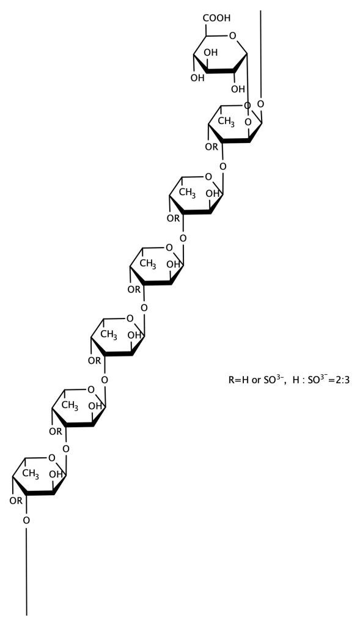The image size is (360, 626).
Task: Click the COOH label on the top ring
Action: (x=218, y=18)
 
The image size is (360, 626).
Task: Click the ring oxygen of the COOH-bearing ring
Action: (x=233, y=37)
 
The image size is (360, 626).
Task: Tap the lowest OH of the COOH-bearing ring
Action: (x=240, y=88)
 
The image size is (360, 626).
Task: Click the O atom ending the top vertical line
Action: (x=260, y=104)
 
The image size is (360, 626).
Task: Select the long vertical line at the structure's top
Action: (x=260, y=54)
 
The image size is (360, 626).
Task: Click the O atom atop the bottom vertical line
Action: (x=26, y=520)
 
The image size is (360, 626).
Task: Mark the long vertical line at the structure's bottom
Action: (x=26, y=571)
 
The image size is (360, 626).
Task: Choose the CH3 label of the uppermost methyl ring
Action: (x=226, y=122)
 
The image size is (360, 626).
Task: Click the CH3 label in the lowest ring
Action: (x=31, y=474)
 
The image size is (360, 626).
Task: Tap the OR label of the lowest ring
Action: (x=16, y=501)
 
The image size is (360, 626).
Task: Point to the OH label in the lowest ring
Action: (x=56, y=475)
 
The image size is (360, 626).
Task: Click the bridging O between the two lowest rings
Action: (x=66, y=449)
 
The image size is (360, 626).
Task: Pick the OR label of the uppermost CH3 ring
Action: (x=211, y=147)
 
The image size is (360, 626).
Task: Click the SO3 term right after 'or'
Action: (x=274, y=380)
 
